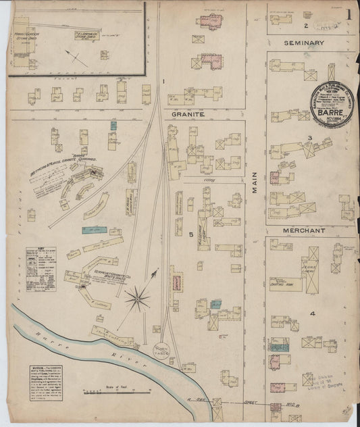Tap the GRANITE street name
(x=188, y=115)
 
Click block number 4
(x=312, y=313)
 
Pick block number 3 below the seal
(x=309, y=139)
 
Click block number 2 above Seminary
(x=305, y=26)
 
